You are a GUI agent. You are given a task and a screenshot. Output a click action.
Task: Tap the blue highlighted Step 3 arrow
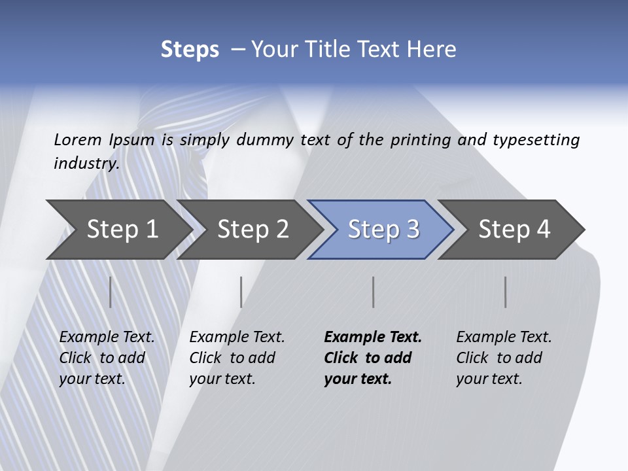(x=383, y=230)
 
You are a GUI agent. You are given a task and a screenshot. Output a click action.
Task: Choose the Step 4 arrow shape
(x=514, y=230)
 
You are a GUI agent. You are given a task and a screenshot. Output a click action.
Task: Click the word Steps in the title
(x=190, y=50)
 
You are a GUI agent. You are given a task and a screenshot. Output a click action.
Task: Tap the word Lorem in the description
(x=78, y=139)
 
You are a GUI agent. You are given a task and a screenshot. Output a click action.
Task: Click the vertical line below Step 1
(x=111, y=292)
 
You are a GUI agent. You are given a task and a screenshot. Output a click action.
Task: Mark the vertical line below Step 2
(x=241, y=292)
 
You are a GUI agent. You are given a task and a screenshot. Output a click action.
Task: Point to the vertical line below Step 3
(x=374, y=292)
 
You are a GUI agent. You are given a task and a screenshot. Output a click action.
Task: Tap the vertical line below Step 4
(x=506, y=292)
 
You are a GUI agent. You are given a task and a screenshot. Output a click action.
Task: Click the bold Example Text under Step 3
(x=373, y=337)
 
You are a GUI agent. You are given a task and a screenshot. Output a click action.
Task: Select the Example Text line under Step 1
(x=107, y=337)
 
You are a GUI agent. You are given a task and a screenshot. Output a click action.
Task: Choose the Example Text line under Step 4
(x=504, y=337)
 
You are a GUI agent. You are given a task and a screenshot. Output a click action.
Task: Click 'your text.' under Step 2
(x=222, y=379)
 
